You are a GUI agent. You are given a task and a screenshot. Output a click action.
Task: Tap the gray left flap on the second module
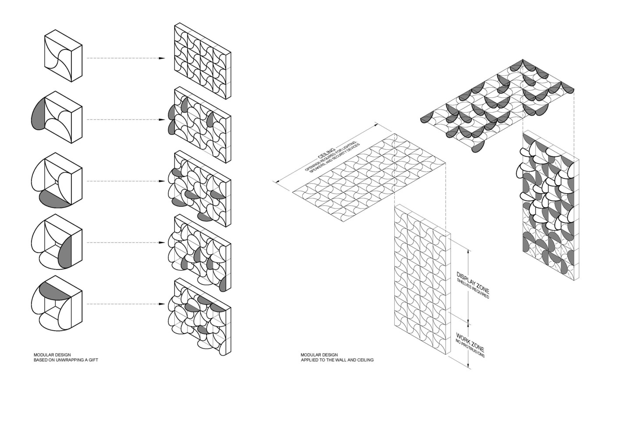pos(39,114)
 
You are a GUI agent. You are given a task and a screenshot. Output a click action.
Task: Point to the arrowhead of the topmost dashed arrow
pos(162,58)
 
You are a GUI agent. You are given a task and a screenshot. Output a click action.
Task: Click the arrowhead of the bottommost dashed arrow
pos(162,304)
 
